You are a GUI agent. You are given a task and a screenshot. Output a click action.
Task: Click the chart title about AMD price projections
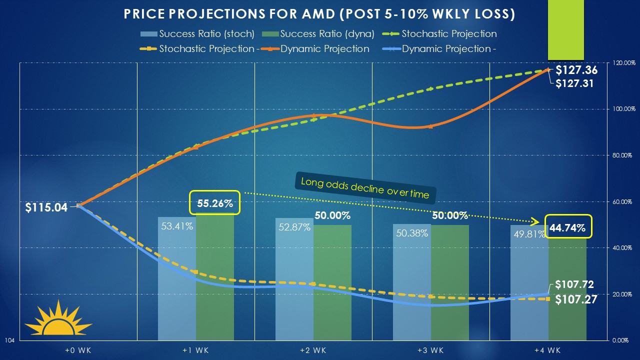point(319,14)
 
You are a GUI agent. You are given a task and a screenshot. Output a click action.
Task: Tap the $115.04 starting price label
point(46,207)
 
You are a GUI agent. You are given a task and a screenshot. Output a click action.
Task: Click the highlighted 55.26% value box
point(214,203)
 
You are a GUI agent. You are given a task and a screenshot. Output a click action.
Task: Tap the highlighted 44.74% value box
point(567,228)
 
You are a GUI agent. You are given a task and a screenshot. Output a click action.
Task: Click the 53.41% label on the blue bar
point(176,226)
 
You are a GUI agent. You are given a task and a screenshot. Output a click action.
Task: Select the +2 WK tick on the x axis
point(313,350)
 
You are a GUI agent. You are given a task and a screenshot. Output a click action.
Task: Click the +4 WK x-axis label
point(548,350)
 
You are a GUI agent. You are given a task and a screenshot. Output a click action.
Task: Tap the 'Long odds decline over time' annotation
point(365,186)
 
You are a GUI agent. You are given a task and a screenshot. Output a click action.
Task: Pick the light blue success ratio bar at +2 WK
point(294,290)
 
